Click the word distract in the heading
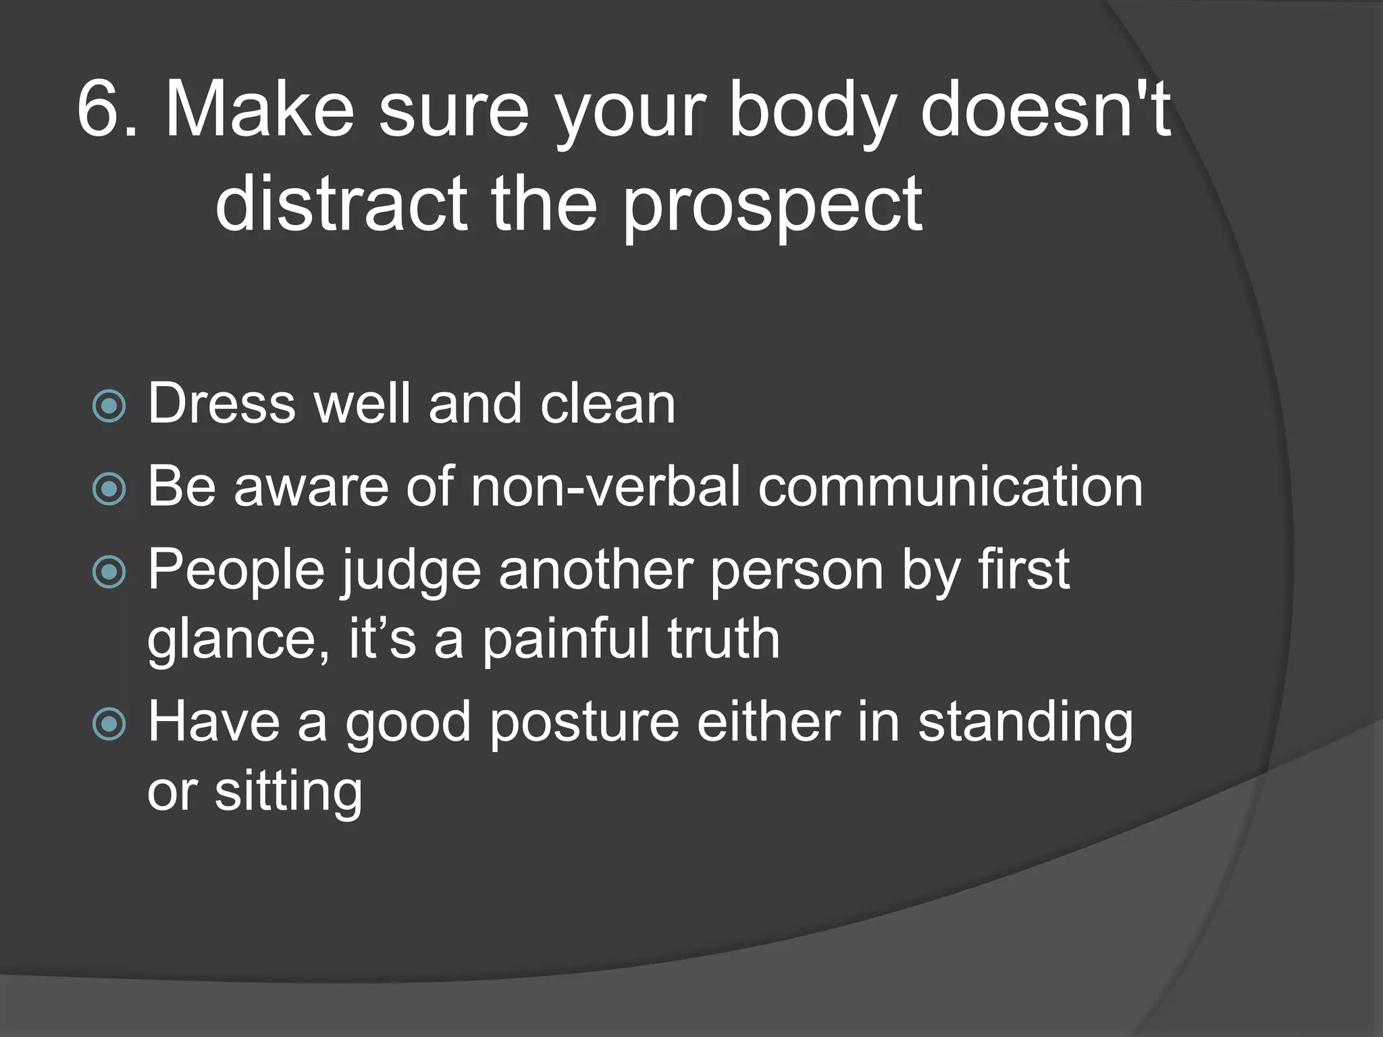click(341, 203)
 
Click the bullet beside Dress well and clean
click(109, 406)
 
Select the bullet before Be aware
click(109, 489)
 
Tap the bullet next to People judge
click(109, 573)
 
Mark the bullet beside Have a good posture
click(109, 724)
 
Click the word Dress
click(221, 404)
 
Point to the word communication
click(950, 487)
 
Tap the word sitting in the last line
click(288, 792)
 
